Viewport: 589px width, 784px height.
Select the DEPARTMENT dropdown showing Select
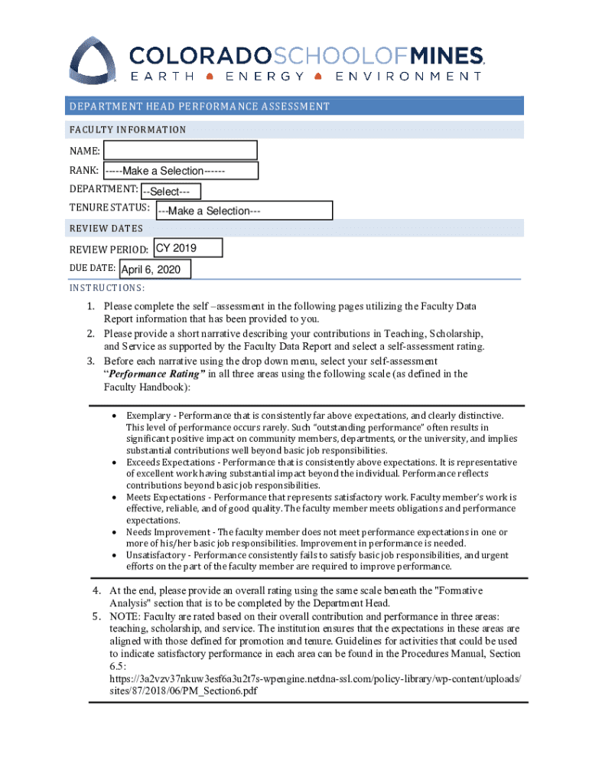click(x=171, y=191)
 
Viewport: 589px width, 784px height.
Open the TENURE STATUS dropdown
click(x=243, y=211)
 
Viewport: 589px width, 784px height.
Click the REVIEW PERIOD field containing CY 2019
click(x=187, y=248)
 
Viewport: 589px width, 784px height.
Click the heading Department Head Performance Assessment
click(x=199, y=106)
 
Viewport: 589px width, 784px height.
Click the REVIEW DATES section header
click(x=106, y=228)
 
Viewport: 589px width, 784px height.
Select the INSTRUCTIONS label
click(x=106, y=289)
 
